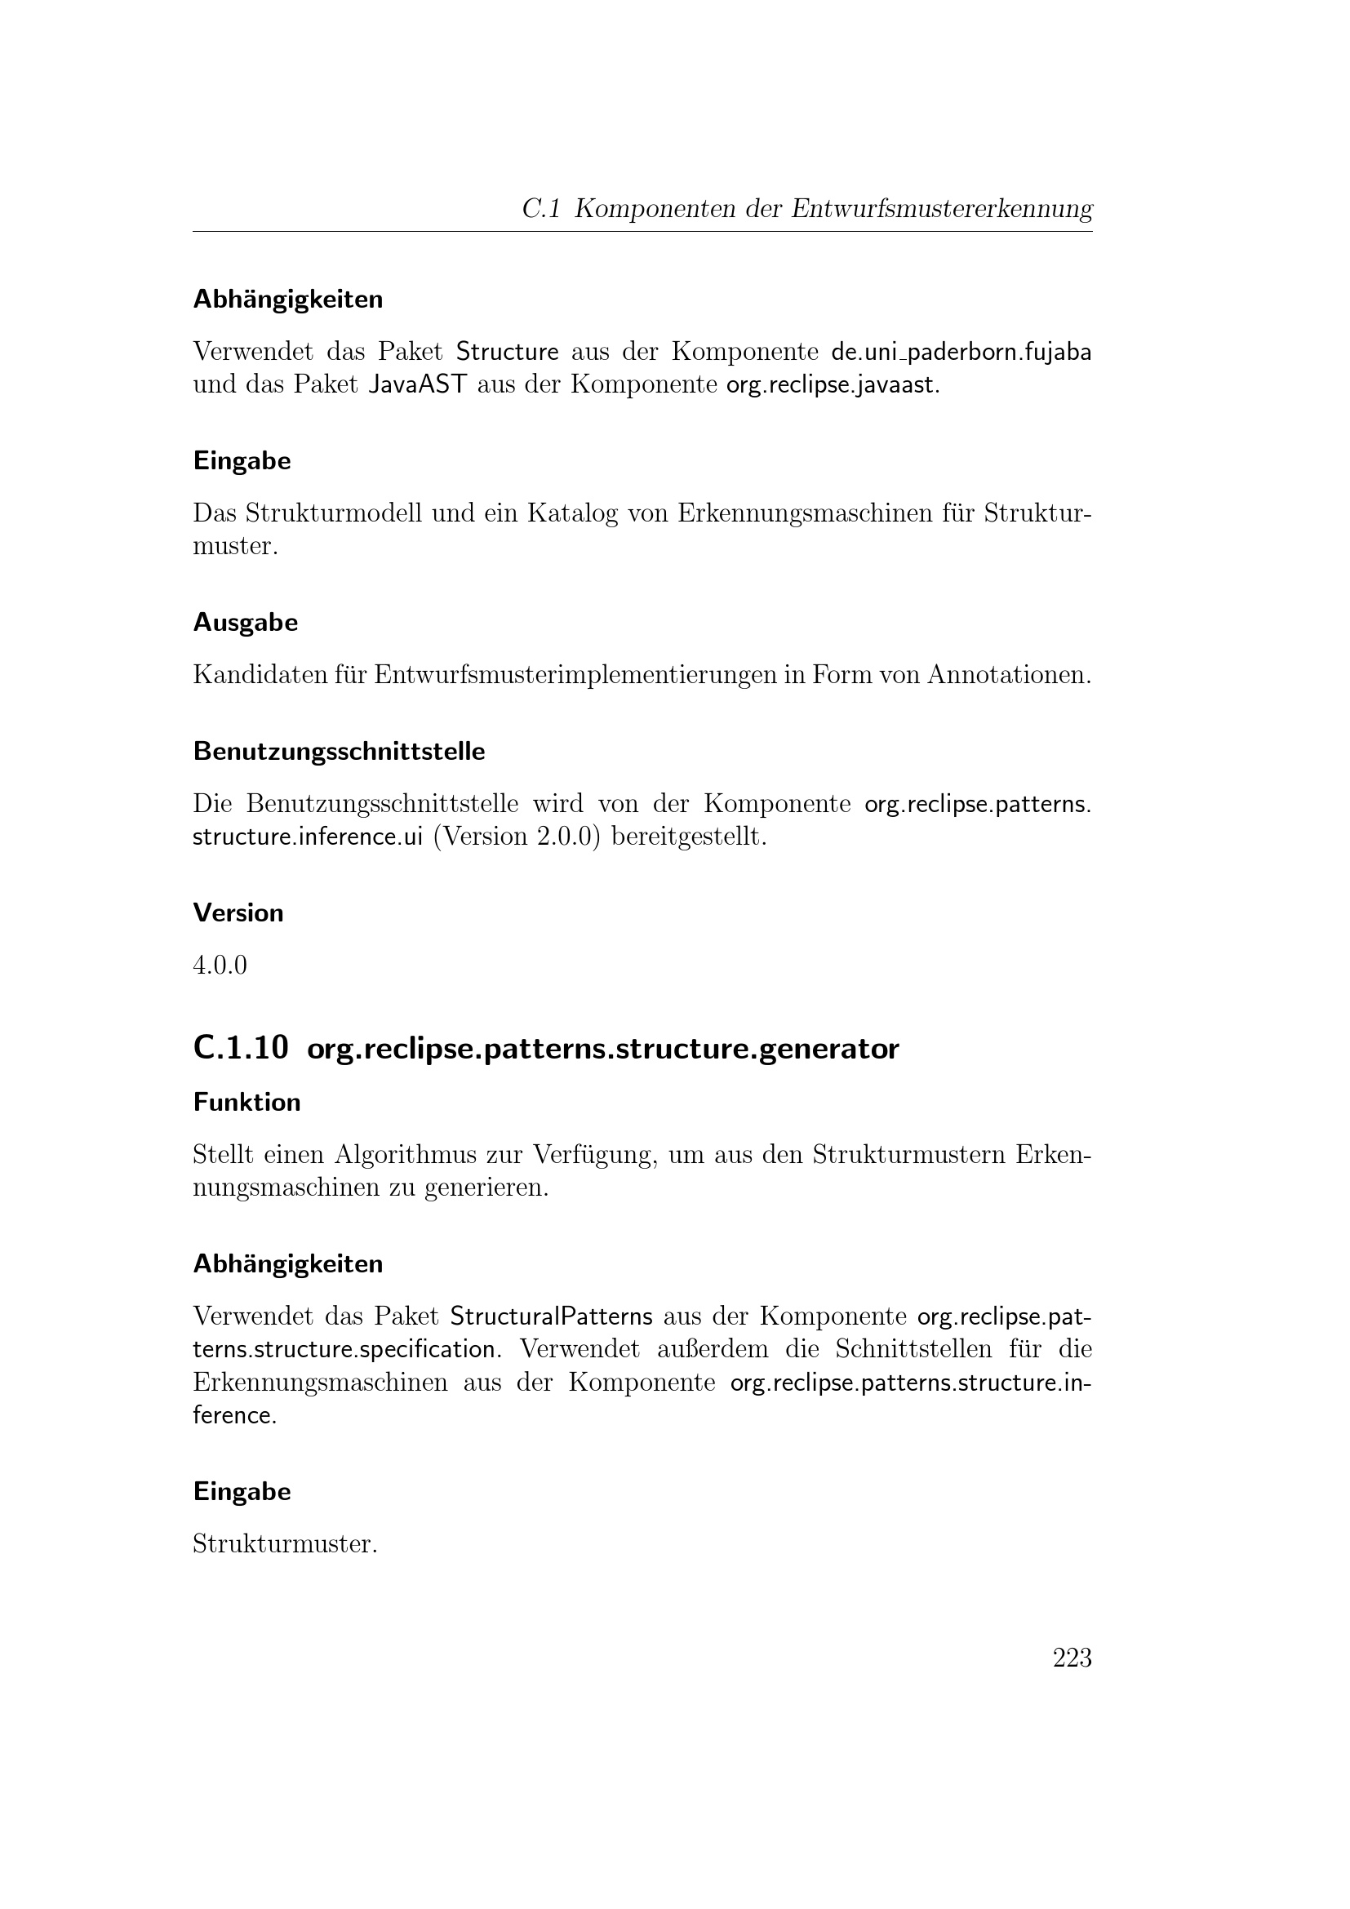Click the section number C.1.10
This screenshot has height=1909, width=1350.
[x=241, y=1049]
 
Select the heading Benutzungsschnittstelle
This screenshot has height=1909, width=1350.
[x=339, y=752]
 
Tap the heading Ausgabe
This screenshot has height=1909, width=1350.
[x=245, y=622]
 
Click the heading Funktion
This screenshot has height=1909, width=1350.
[x=246, y=1102]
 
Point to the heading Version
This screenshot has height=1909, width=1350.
[x=238, y=913]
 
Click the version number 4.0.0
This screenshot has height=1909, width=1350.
[x=220, y=966]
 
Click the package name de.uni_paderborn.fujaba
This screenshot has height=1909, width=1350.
[x=961, y=353]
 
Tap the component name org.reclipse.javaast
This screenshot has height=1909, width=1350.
[x=831, y=386]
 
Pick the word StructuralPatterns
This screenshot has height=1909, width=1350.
[x=551, y=1316]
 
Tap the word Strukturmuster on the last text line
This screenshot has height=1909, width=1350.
[x=283, y=1544]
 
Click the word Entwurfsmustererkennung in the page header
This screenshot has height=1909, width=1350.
[x=941, y=208]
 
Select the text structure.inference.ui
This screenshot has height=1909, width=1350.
[x=308, y=837]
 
